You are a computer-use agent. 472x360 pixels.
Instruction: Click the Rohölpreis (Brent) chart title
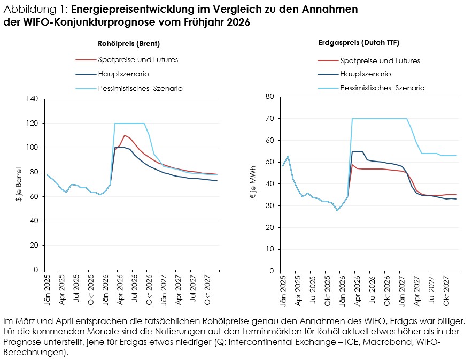129,44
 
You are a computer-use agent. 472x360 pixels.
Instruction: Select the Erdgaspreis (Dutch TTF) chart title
359,43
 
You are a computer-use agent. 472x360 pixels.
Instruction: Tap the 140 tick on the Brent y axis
32,99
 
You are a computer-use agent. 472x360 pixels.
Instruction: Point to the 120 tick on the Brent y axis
32,123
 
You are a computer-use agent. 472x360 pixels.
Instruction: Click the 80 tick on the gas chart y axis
270,96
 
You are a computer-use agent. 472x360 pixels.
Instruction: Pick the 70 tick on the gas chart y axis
270,118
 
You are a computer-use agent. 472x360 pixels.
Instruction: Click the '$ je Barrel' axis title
19,185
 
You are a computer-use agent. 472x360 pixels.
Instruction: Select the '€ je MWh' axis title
253,182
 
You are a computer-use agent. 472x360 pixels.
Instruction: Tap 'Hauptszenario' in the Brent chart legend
123,74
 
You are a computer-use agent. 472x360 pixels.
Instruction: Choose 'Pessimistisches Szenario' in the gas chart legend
382,88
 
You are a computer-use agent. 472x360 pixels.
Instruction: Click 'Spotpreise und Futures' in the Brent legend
138,60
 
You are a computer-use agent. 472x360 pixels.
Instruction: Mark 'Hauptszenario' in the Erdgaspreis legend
366,74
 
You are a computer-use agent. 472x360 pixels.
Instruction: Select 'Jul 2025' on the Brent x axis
76,288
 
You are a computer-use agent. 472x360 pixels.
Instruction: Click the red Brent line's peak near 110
125,135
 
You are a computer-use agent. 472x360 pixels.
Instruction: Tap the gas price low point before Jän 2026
337,210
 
